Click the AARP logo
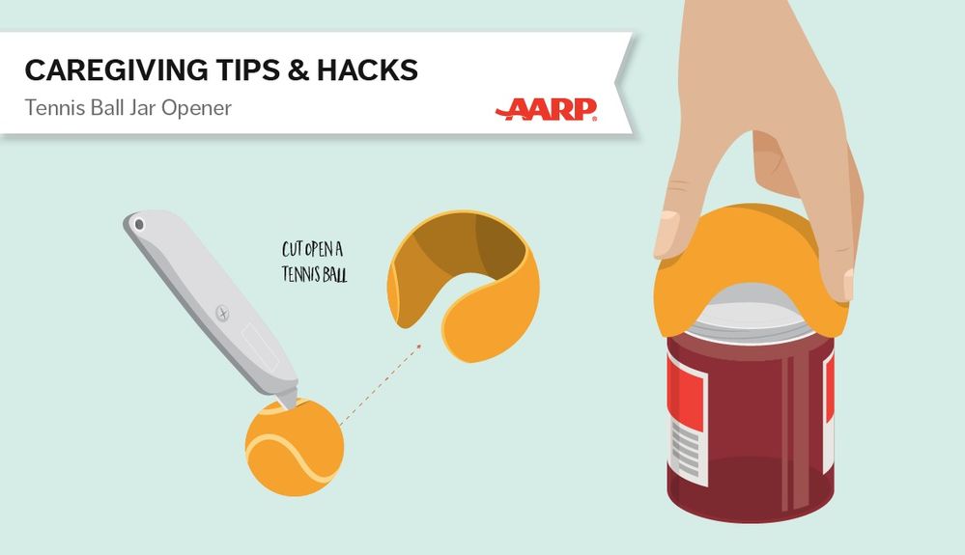tap(546, 109)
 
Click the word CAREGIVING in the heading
tap(116, 70)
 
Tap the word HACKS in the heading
tap(367, 70)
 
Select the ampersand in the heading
tap(298, 70)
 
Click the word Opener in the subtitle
tap(196, 108)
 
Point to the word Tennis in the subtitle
tap(55, 107)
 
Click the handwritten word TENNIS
tap(301, 273)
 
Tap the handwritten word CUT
tap(293, 249)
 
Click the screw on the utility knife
tap(223, 314)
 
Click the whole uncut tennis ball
tap(295, 448)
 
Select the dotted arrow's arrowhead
tap(419, 347)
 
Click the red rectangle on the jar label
tap(688, 391)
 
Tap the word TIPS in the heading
tap(246, 70)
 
